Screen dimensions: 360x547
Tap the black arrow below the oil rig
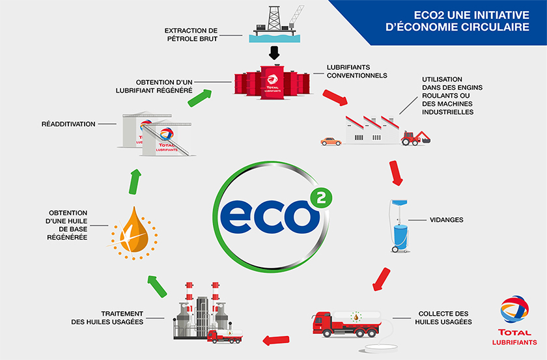[x=274, y=53]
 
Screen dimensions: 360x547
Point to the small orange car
[x=331, y=140]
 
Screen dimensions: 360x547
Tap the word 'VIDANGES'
[x=447, y=220]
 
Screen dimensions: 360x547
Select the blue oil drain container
[x=400, y=231]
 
